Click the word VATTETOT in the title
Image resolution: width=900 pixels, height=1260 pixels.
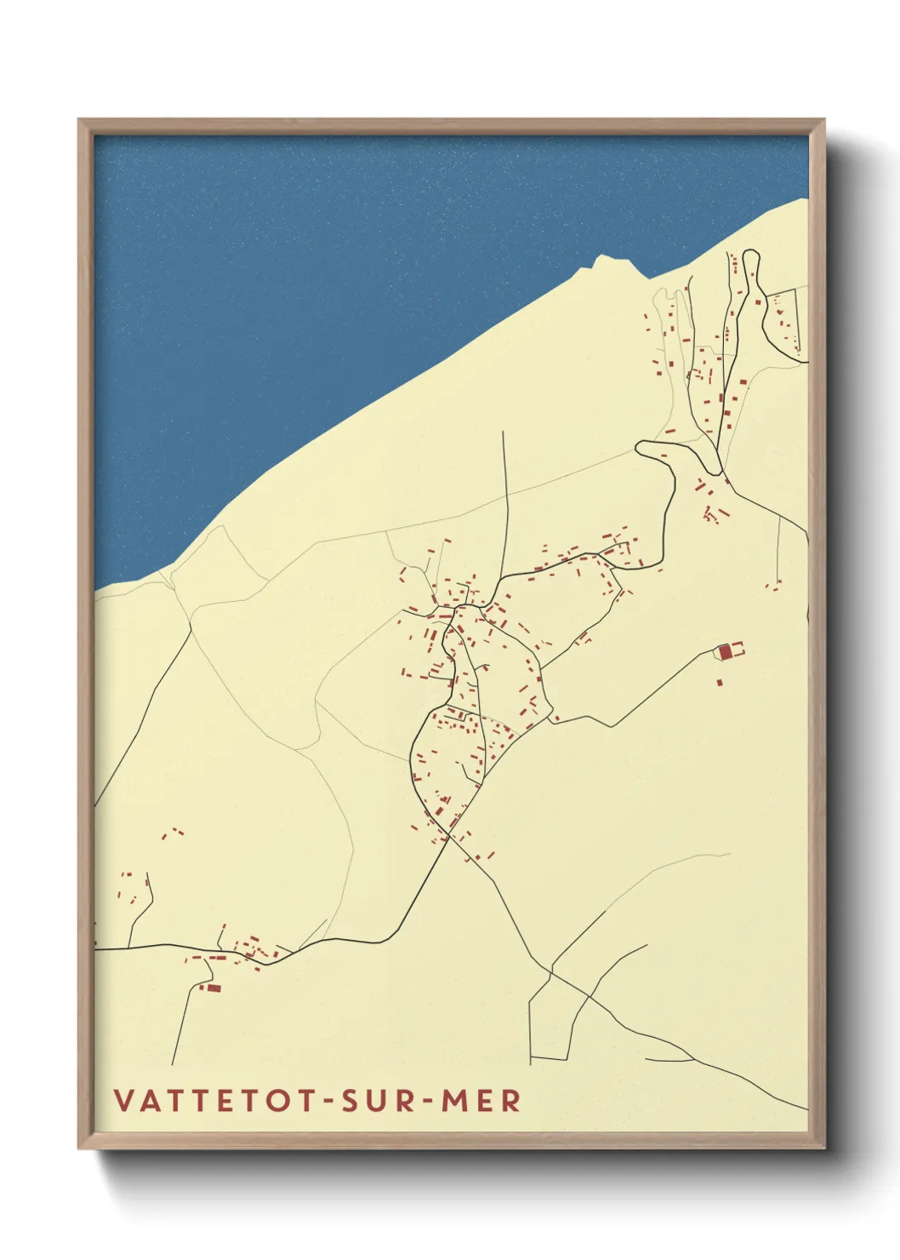pos(216,1100)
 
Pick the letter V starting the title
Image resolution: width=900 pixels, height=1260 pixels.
pos(123,1100)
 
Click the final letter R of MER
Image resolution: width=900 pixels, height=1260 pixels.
pos(510,1100)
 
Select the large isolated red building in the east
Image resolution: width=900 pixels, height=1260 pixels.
pos(726,652)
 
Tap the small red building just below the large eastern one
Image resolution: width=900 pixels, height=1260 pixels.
pos(720,681)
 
